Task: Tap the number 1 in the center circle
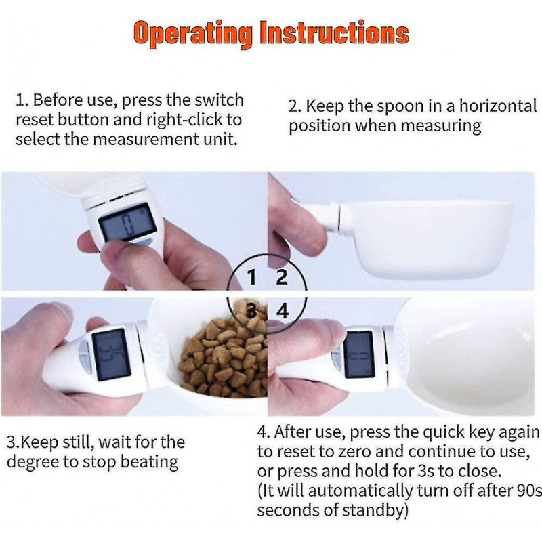252,277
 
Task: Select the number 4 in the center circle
283,311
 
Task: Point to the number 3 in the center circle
252,311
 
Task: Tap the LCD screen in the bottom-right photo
359,354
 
